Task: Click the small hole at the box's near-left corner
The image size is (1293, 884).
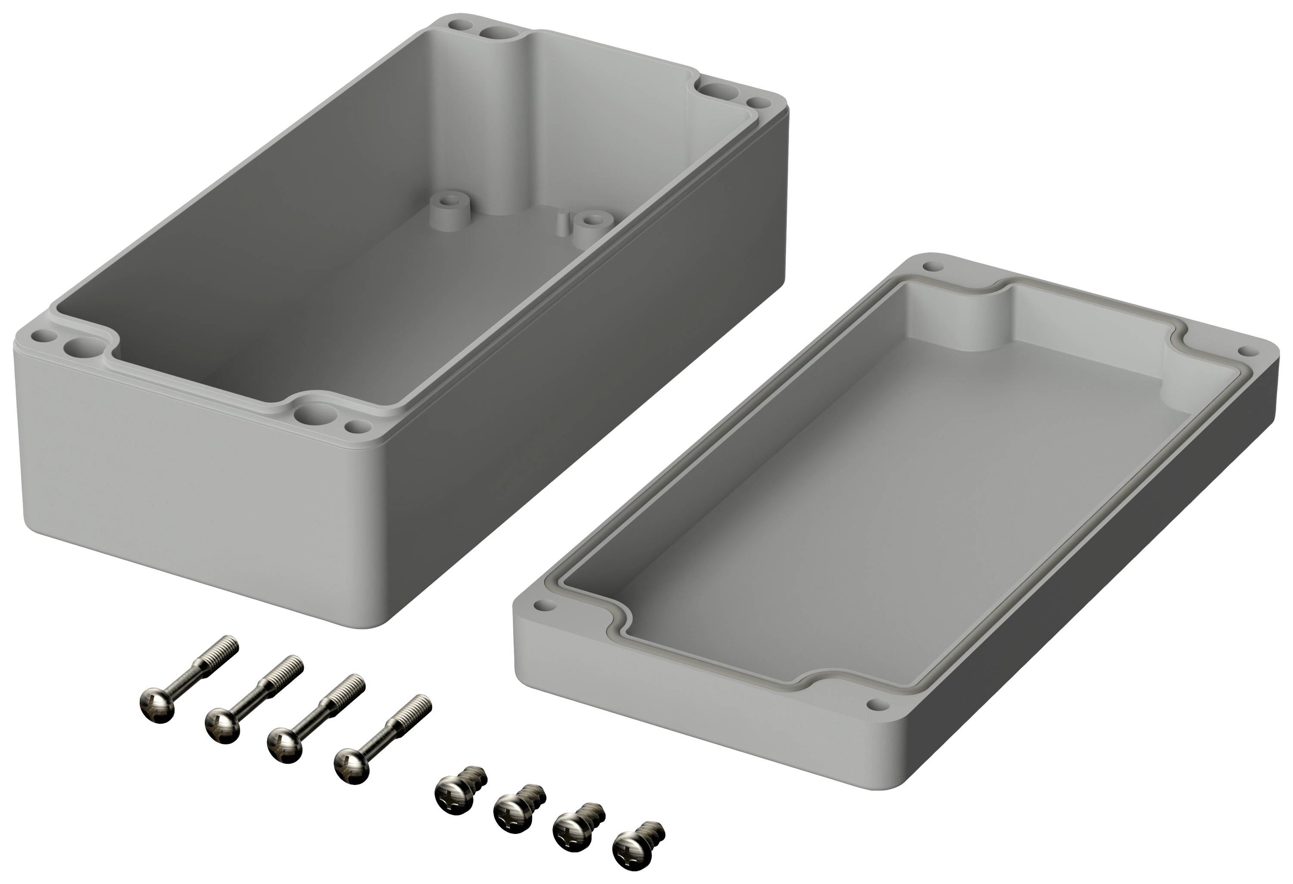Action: coord(41,336)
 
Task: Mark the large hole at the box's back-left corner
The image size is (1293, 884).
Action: coord(495,33)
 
